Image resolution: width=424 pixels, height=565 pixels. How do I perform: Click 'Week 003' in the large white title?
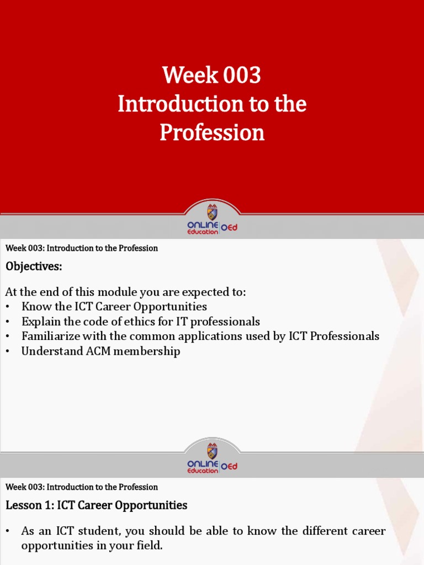pos(211,76)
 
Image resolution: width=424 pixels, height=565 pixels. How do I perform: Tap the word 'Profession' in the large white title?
pos(212,132)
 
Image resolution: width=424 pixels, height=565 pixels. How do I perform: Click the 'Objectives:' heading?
pos(34,267)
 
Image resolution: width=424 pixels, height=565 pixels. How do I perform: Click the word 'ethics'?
pos(149,322)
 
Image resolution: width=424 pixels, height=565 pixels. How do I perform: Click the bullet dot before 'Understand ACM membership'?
pos(8,351)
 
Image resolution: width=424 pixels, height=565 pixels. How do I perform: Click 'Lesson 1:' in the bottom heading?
pos(28,505)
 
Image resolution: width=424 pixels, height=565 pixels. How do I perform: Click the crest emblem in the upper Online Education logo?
pos(212,212)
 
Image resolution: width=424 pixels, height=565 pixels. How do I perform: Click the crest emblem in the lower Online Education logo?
pos(212,450)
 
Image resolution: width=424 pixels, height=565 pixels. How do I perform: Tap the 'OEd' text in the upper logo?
pos(229,227)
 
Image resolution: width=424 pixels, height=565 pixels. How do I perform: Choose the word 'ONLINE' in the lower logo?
pos(203,463)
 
